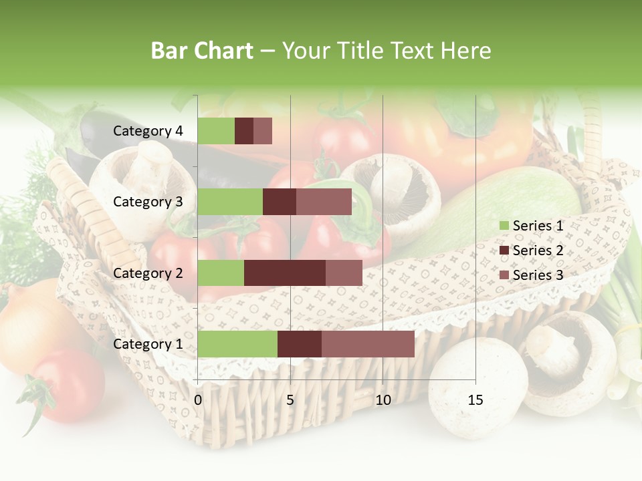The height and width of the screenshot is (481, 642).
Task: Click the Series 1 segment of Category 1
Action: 237,344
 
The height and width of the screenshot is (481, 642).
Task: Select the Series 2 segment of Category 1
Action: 300,344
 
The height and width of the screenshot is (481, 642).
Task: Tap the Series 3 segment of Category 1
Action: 368,344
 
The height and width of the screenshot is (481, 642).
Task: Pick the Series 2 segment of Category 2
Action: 285,273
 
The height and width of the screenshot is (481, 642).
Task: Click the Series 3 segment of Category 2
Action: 344,273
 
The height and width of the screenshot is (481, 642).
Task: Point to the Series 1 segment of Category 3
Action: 230,202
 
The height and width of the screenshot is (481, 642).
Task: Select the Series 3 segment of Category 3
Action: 324,202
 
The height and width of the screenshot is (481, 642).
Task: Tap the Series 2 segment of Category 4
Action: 244,131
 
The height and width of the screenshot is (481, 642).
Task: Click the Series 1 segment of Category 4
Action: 216,131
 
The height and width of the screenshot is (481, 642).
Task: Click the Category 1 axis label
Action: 148,344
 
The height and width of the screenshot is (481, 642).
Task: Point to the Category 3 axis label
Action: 148,202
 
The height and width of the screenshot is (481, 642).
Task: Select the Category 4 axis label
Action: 148,131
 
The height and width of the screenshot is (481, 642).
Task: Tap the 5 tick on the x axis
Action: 290,400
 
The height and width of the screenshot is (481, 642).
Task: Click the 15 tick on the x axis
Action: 475,400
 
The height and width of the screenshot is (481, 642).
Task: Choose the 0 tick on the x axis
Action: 198,400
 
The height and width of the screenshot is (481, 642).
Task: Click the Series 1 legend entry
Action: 538,226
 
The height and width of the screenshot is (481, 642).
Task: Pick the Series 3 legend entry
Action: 538,275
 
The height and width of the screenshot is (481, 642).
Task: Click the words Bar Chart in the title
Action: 201,51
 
